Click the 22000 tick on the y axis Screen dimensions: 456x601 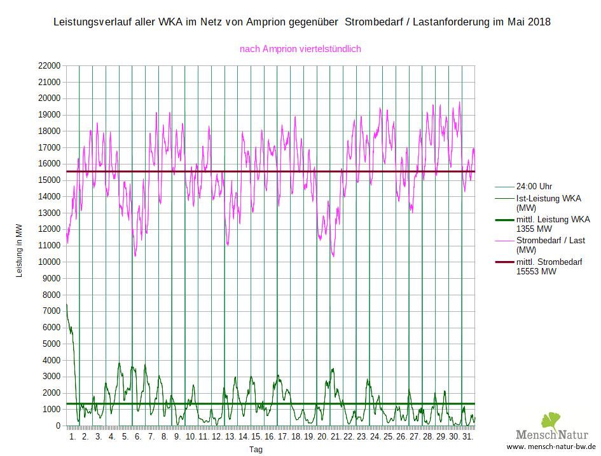(x=49, y=65)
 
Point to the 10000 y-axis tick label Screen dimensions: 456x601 (x=49, y=262)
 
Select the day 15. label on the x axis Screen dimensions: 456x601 (x=256, y=437)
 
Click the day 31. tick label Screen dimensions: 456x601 (x=467, y=437)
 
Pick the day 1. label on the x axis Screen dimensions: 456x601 (x=72, y=437)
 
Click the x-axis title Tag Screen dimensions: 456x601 (x=256, y=449)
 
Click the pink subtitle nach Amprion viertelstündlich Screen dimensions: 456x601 (x=300, y=48)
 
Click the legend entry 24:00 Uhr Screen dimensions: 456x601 (x=534, y=187)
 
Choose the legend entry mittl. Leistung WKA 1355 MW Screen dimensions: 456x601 (x=552, y=224)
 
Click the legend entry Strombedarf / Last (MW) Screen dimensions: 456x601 (x=550, y=245)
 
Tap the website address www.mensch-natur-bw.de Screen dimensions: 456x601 (x=551, y=446)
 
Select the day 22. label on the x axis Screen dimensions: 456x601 (x=348, y=437)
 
